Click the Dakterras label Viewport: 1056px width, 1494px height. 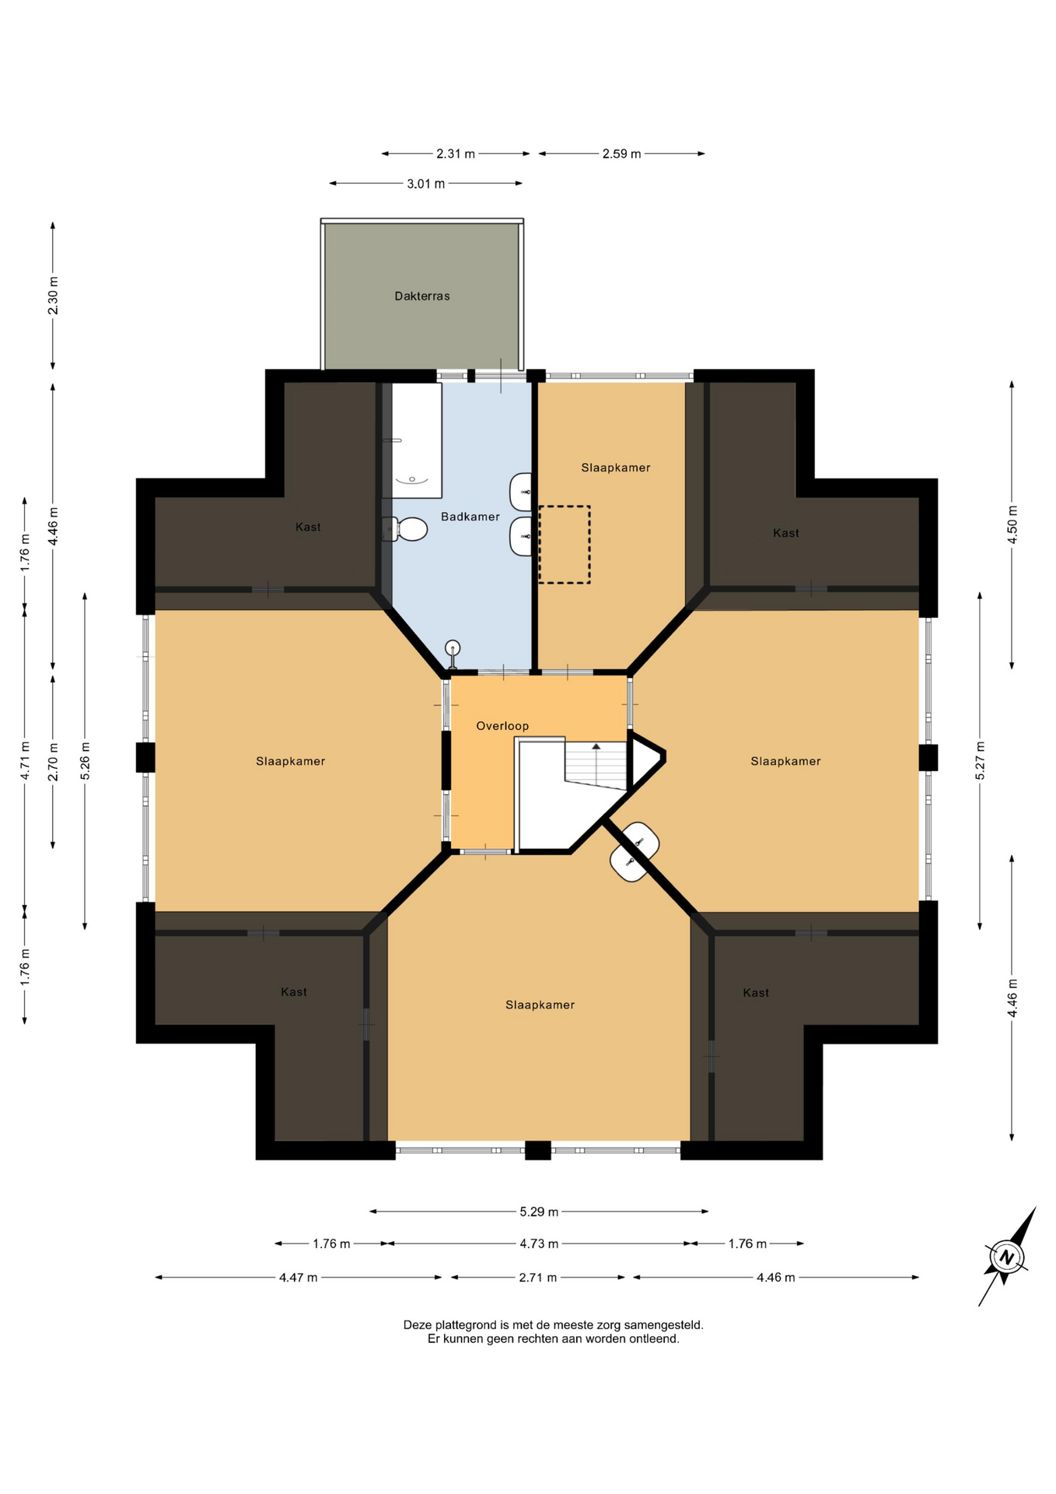(x=422, y=296)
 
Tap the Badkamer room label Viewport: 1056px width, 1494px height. (x=470, y=517)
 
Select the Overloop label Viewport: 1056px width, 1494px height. (x=502, y=726)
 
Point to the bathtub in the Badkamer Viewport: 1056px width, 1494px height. (x=412, y=440)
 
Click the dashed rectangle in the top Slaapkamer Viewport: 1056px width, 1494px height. (x=565, y=545)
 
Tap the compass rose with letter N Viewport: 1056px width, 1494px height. (x=1007, y=1257)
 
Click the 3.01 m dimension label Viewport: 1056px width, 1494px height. (x=426, y=184)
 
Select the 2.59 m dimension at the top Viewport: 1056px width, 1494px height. (x=621, y=154)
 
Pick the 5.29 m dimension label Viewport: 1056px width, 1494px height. (x=539, y=1212)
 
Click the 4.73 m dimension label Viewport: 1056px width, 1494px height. (x=539, y=1243)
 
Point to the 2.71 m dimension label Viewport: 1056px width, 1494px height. (x=538, y=1277)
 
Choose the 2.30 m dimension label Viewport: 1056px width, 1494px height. (x=53, y=296)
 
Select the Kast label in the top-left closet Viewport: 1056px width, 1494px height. (x=308, y=527)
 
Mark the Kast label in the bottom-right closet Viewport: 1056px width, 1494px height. (x=756, y=993)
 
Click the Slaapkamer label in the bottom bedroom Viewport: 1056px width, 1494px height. (x=540, y=1005)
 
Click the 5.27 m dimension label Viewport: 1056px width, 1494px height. (x=981, y=761)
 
